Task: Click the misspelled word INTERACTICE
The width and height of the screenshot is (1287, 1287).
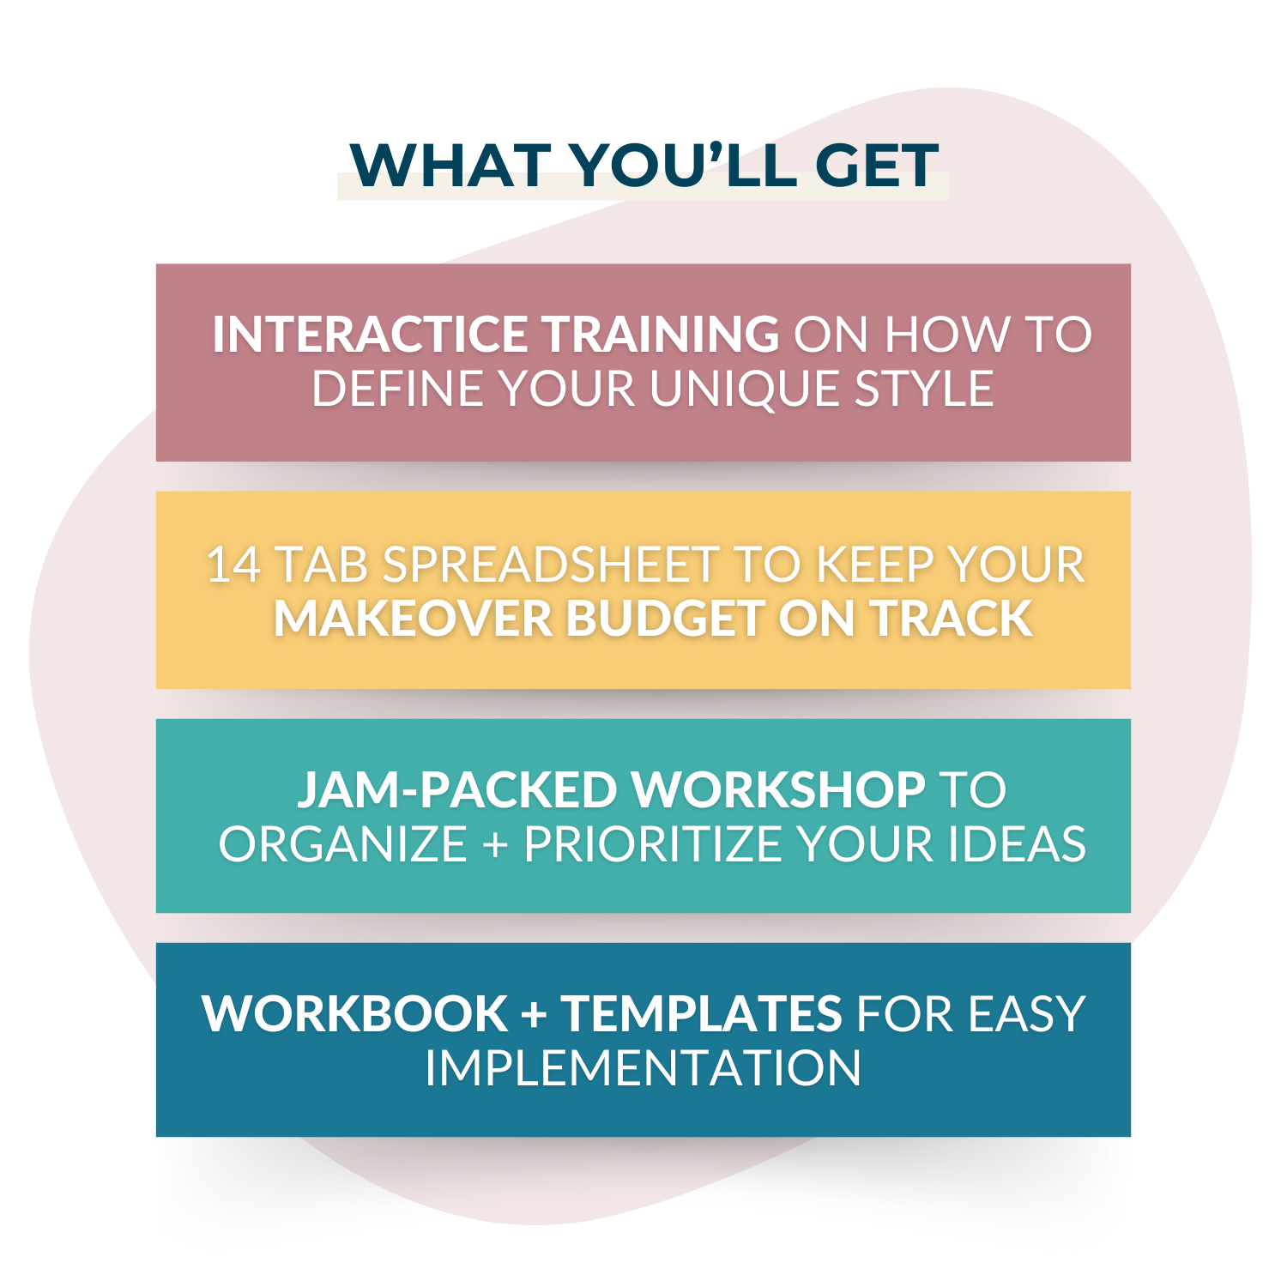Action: [x=370, y=334]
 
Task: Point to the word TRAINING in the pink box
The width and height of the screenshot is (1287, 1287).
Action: [x=661, y=334]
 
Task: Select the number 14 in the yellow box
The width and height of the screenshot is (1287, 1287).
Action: [x=233, y=565]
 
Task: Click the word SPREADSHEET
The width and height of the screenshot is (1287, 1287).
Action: [x=550, y=565]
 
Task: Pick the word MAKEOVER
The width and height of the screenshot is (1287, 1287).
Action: [x=413, y=619]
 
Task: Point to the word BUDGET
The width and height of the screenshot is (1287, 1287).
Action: [x=665, y=619]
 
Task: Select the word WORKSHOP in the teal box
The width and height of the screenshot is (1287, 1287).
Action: [x=778, y=789]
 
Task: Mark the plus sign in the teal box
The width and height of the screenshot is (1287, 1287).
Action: [x=495, y=845]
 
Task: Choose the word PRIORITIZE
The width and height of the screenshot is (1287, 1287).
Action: [x=653, y=844]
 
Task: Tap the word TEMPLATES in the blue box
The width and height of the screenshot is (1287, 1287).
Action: [x=702, y=1013]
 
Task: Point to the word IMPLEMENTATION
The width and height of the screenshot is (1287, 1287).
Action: [x=643, y=1068]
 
